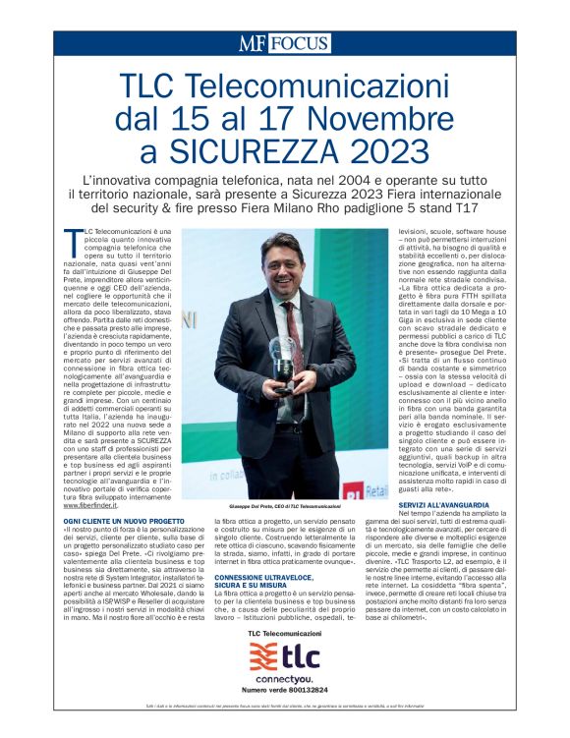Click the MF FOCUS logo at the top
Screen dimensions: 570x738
pyautogui.click(x=284, y=44)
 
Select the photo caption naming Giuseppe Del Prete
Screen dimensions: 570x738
pyautogui.click(x=284, y=506)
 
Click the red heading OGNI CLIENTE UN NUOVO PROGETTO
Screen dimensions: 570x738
pyautogui.click(x=117, y=520)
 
